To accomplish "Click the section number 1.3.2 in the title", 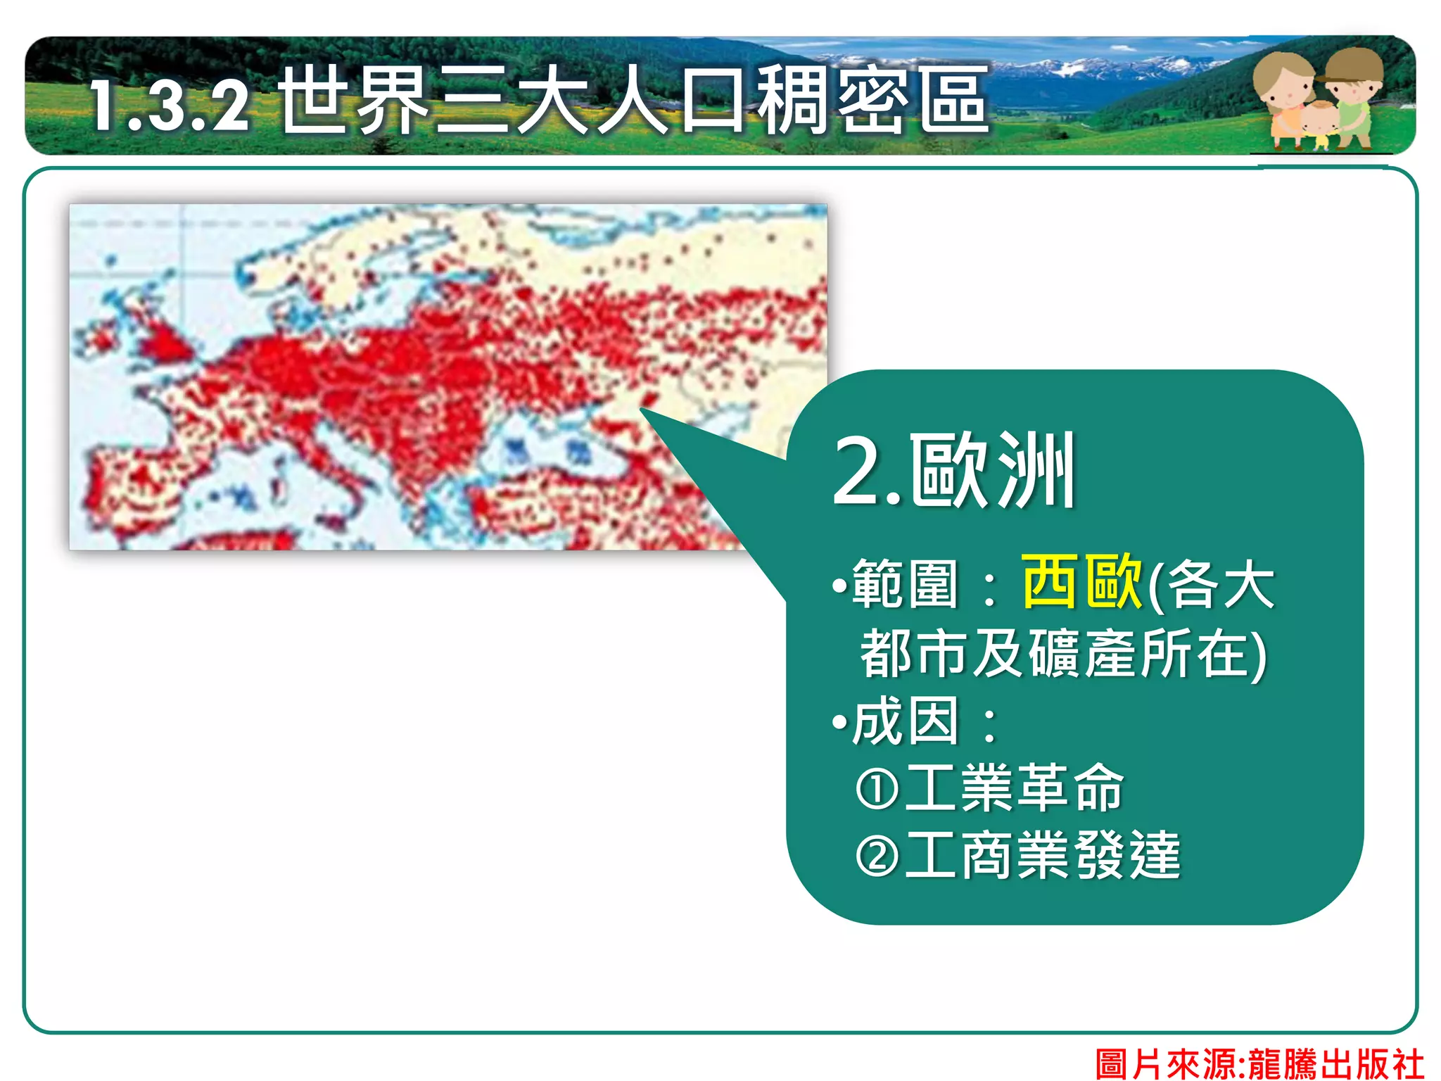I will click(169, 106).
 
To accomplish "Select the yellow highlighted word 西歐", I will click(1081, 581).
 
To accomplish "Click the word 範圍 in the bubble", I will click(905, 584).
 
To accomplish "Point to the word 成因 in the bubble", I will click(905, 721).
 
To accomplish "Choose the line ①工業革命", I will click(989, 788).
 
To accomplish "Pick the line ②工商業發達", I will click(1017, 855).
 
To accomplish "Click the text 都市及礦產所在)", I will click(1062, 653).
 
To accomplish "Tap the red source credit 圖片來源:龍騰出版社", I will click(1259, 1063).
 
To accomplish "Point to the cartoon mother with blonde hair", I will click(1284, 95).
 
